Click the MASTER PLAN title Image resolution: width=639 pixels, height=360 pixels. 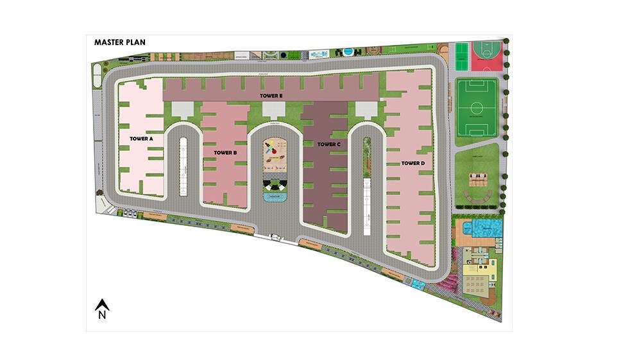pos(120,42)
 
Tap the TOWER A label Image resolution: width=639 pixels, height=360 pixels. pos(142,138)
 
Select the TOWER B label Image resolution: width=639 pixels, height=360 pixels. pos(226,152)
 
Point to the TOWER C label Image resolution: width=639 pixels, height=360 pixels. pos(328,144)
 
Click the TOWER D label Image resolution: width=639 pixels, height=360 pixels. pos(413,163)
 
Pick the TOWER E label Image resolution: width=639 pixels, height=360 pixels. pos(271,96)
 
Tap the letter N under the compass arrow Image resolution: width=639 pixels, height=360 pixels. pos(101,315)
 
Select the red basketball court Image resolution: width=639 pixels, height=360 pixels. pos(486,56)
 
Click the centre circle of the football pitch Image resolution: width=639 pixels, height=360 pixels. pos(476,107)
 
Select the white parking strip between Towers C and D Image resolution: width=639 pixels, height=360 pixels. pos(367,207)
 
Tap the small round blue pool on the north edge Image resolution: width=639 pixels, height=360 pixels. pos(348,51)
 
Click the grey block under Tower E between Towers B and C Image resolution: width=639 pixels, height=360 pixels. pos(274,110)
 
